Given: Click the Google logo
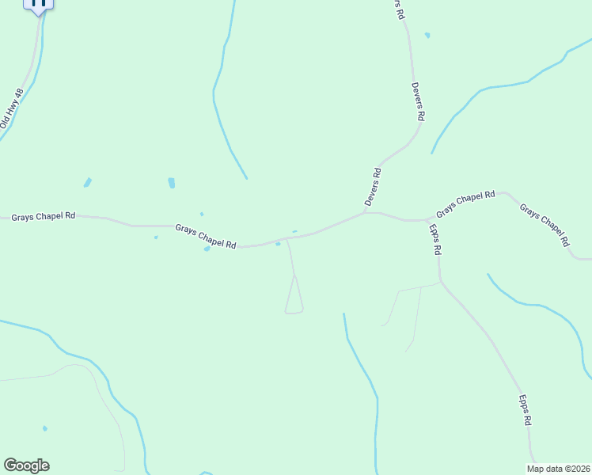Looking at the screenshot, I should click(x=26, y=465).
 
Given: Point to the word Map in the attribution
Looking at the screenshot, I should click(x=536, y=469).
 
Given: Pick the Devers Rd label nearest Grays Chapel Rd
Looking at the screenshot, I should click(x=374, y=187).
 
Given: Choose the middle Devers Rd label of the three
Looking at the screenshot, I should click(x=418, y=101).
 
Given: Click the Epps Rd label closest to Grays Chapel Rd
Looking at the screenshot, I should click(x=435, y=239).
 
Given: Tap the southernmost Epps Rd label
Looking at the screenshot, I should click(x=525, y=412).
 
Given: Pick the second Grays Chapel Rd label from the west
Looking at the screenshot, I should click(x=206, y=237).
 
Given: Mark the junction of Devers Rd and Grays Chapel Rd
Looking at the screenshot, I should click(x=365, y=212).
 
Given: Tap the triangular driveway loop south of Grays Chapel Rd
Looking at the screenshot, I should click(x=294, y=299).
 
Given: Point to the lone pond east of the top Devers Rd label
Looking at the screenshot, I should click(x=427, y=35).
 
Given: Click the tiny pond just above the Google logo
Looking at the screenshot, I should click(x=45, y=428).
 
